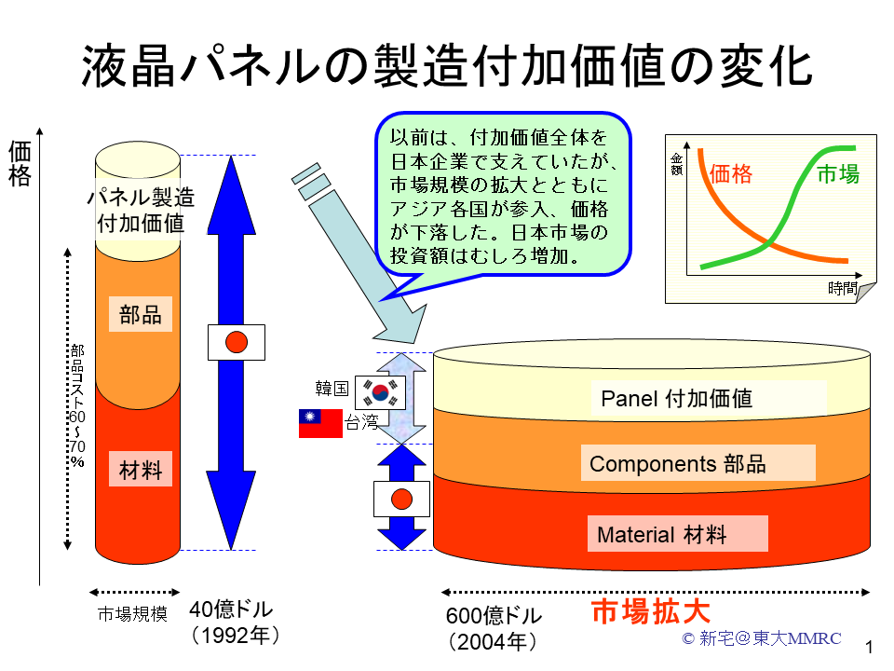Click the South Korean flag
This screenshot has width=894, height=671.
coord(380,392)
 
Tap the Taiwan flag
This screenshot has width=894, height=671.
coord(320,423)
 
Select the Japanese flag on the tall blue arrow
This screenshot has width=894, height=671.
coord(236,342)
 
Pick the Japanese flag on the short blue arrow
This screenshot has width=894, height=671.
coord(401,500)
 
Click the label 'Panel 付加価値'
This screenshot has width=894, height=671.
coord(677,398)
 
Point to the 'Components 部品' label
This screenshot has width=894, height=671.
coord(677,464)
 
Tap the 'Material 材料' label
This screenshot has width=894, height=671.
coord(661,535)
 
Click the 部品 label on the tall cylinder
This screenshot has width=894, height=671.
coord(141,314)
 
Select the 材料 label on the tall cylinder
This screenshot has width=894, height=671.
coord(141,470)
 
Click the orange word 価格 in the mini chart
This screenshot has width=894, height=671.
coord(731,173)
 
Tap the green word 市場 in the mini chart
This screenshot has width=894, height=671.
coord(838,173)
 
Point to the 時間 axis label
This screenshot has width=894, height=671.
coord(843,288)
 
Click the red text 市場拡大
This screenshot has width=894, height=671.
coord(651,611)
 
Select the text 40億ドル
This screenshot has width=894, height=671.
coord(231,609)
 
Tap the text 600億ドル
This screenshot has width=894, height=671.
coord(494,616)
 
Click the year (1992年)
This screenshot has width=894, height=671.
coord(236,635)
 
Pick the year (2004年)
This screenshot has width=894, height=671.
coord(493,642)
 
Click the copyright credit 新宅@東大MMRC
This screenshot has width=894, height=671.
coord(761,637)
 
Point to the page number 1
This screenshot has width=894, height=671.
coord(869,647)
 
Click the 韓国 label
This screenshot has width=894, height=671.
coord(332,389)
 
